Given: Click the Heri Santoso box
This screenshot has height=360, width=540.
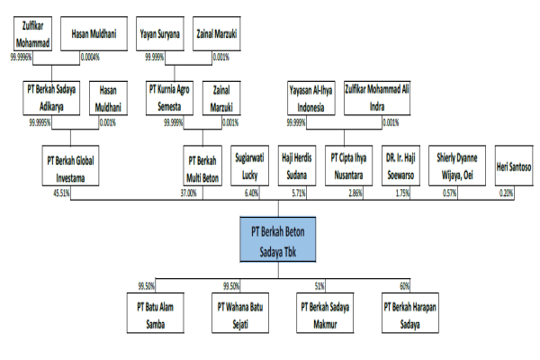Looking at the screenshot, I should pyautogui.click(x=513, y=166).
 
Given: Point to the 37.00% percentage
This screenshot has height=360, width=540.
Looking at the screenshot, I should pyautogui.click(x=187, y=193).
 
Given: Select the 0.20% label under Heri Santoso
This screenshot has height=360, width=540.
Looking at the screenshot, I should pyautogui.click(x=506, y=193).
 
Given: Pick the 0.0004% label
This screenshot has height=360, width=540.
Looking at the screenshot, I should pyautogui.click(x=89, y=56).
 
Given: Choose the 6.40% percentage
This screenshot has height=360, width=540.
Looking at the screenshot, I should pyautogui.click(x=251, y=193).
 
